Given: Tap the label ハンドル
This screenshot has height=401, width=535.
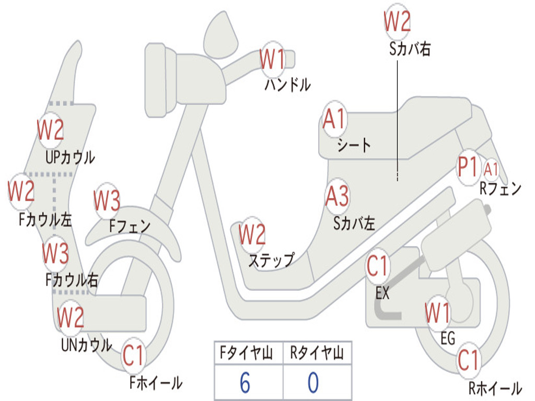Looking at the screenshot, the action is point(287,84).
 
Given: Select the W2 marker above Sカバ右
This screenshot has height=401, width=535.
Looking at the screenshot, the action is point(397,22).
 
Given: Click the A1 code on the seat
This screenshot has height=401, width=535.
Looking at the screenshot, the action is point(334,120).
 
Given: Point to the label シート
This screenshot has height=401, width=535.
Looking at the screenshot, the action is point(354,145).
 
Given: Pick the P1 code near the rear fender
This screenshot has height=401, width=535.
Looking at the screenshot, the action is point(468,168).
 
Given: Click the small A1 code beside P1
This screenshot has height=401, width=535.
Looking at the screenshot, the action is point(491,169).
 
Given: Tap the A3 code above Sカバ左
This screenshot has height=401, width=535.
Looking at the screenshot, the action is point(337,196).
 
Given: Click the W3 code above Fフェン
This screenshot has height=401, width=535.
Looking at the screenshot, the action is point(107,200).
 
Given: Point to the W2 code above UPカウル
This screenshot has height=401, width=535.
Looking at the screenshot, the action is point(51,130).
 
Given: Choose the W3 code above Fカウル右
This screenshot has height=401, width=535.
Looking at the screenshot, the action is point(55,254).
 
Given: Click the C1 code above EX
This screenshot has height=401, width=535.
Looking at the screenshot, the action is point(378,266).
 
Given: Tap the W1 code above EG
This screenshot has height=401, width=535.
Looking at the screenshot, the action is point(437,313).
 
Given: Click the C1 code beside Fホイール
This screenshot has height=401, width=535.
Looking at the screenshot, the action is point(133,357).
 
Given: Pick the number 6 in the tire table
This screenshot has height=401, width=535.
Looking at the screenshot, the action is point(245,383).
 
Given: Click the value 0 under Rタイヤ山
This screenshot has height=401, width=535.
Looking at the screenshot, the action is point(313,383).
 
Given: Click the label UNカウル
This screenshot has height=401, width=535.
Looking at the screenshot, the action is point(86,345).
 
